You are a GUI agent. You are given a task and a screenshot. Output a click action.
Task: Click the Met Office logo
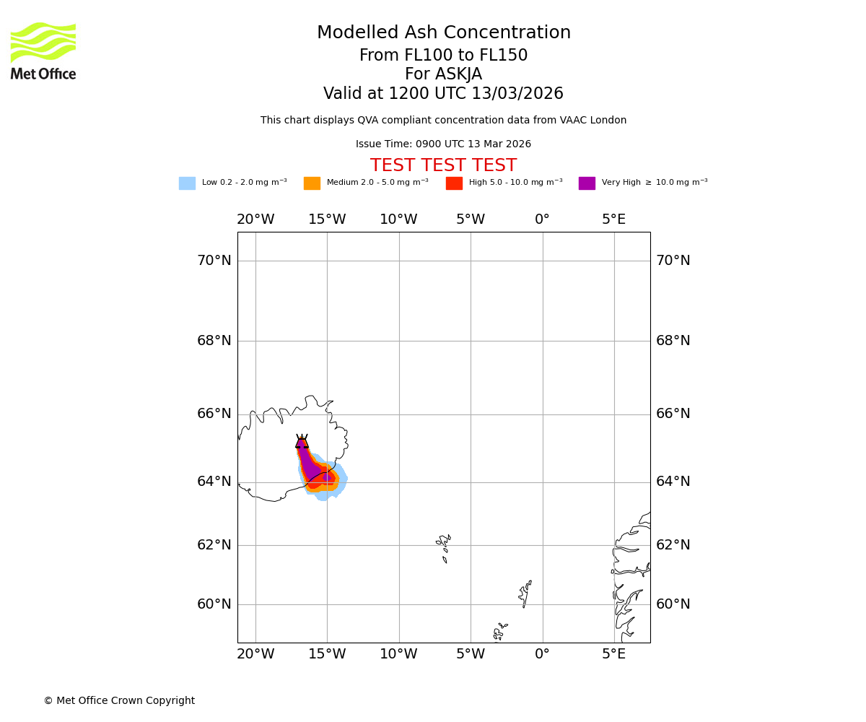tap(43, 51)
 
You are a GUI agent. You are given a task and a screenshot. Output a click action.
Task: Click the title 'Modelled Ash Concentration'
tap(443, 33)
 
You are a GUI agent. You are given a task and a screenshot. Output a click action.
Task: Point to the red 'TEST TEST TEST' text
tap(443, 166)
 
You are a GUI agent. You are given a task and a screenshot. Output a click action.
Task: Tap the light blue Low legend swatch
tap(187, 183)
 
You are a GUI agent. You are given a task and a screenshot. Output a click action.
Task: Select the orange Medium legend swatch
tap(312, 183)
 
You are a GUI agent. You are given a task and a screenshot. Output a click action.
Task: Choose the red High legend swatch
tap(454, 183)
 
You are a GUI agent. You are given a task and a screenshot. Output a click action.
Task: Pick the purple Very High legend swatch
tap(587, 183)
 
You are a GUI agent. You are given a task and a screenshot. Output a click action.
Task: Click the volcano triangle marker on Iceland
tap(302, 442)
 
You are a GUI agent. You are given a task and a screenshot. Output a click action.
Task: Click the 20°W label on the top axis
tap(255, 219)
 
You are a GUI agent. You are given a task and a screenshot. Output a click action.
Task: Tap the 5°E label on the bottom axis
tap(614, 654)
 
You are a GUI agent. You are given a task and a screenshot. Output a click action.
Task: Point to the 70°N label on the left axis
tap(214, 261)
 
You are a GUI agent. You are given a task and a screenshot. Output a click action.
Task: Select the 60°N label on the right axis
tap(673, 604)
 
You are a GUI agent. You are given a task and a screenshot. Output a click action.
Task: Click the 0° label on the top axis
tap(542, 219)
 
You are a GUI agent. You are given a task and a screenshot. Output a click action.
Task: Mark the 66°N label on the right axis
tap(673, 414)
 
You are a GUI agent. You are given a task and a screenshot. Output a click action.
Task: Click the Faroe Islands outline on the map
tap(444, 547)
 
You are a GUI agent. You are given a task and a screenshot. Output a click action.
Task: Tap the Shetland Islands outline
tap(525, 593)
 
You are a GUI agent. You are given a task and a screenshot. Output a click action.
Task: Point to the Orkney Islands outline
tap(499, 631)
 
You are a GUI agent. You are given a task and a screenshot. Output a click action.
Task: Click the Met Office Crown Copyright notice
tap(119, 701)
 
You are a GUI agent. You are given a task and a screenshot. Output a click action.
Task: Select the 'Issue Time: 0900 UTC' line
tap(443, 144)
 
